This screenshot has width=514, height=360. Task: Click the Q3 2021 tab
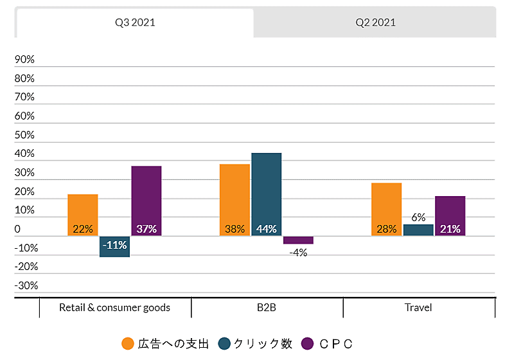[135, 22]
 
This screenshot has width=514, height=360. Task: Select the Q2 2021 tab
[375, 22]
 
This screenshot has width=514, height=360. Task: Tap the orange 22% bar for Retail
[83, 215]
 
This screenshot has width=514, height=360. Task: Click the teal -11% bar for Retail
[115, 246]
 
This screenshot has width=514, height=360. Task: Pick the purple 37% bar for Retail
[146, 201]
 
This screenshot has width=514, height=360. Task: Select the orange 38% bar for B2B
[235, 200]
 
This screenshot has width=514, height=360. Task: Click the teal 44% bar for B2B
[266, 194]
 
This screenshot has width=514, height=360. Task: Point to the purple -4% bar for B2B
[298, 240]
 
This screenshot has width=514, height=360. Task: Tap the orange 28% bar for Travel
[386, 209]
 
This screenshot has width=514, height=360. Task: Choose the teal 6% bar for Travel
[418, 230]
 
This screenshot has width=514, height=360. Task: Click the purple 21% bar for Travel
[450, 216]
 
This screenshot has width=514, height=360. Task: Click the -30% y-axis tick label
[26, 285]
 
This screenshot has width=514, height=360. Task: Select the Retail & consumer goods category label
[114, 307]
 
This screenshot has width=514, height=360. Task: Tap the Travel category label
[418, 307]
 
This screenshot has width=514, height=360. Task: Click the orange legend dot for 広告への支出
[128, 343]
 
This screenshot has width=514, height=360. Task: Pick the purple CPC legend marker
[307, 343]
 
